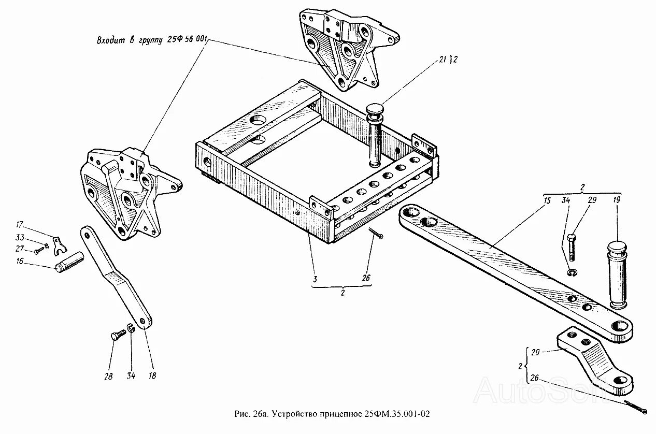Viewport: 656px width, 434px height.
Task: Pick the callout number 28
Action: pyautogui.click(x=108, y=377)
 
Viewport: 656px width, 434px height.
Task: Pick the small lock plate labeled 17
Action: pyautogui.click(x=59, y=243)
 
